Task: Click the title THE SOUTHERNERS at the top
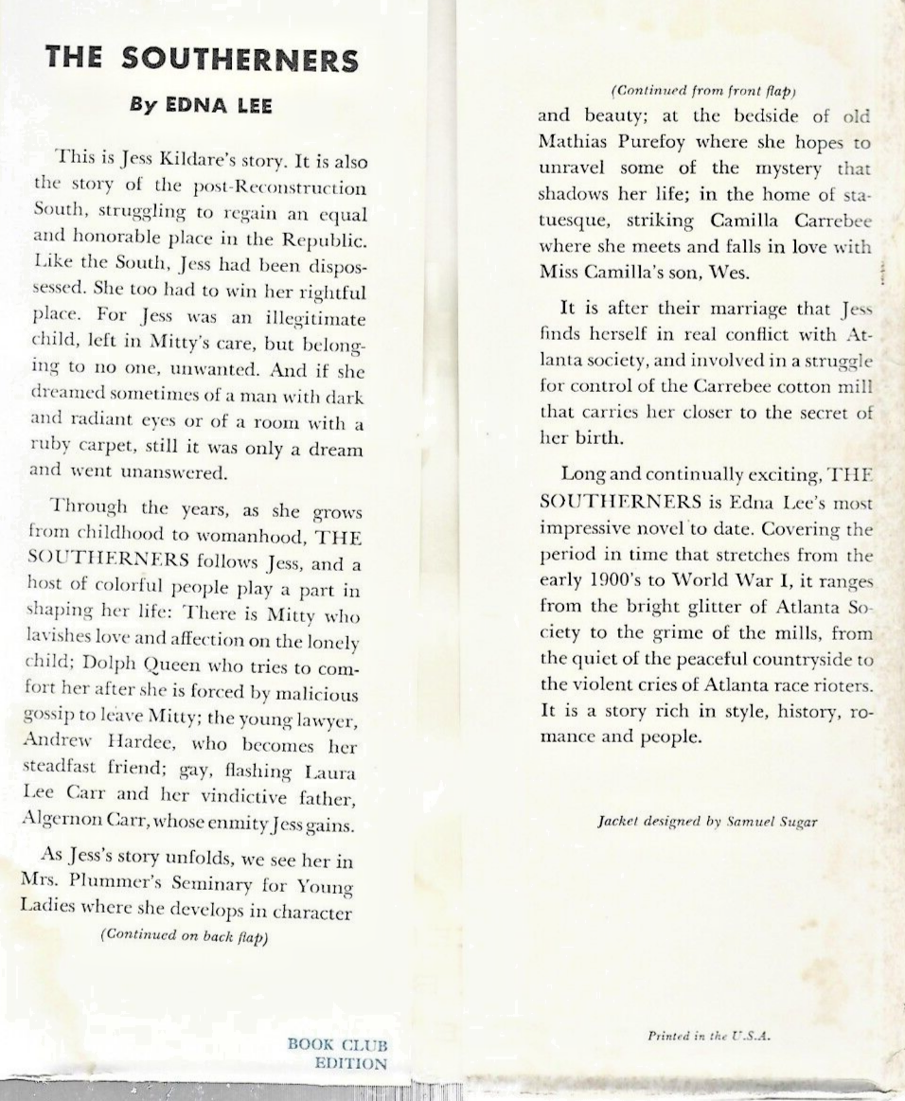[203, 60]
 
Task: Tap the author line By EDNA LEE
[201, 105]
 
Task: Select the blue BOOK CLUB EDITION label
[338, 1054]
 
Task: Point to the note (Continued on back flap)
[185, 935]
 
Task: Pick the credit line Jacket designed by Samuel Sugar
[707, 822]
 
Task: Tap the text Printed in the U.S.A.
[710, 1036]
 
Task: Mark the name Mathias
[577, 143]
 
